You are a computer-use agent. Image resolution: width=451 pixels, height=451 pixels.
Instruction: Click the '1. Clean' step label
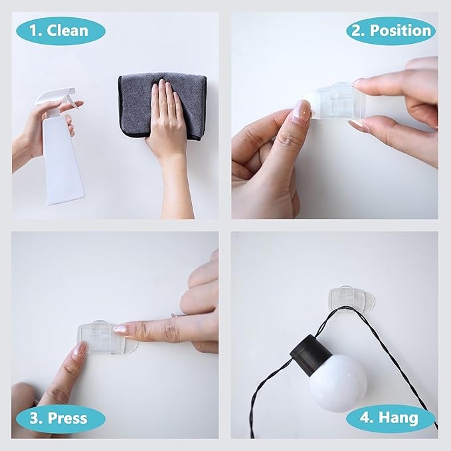pyautogui.click(x=59, y=31)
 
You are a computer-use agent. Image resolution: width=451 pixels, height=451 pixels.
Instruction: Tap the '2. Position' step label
pyautogui.click(x=391, y=31)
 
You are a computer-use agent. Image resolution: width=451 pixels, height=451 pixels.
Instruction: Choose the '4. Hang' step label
pyautogui.click(x=391, y=418)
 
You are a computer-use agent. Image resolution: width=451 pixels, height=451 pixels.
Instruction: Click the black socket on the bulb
pyautogui.click(x=310, y=353)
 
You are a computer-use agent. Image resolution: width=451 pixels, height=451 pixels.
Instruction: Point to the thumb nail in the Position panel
pyautogui.click(x=300, y=112)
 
